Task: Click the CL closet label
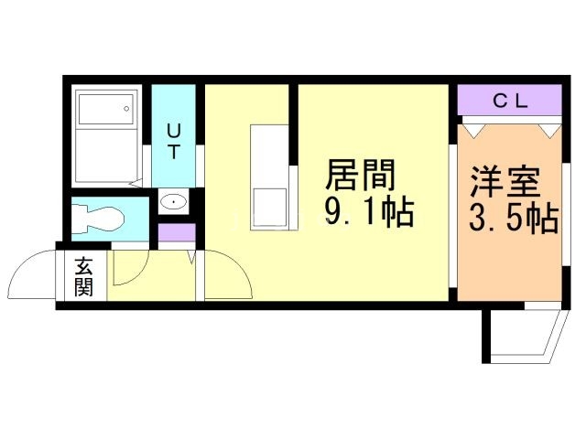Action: (510, 101)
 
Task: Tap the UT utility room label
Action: (174, 141)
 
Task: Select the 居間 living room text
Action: (360, 175)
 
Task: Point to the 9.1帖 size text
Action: (369, 211)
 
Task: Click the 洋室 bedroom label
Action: (505, 182)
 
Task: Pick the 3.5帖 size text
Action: (514, 219)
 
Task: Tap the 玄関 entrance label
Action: (83, 276)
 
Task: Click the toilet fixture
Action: (98, 219)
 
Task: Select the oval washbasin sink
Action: (174, 202)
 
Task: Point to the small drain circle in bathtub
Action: (126, 109)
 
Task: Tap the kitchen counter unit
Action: (269, 177)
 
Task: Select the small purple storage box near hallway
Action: (177, 232)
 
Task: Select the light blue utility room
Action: (173, 136)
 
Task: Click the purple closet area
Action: (510, 100)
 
